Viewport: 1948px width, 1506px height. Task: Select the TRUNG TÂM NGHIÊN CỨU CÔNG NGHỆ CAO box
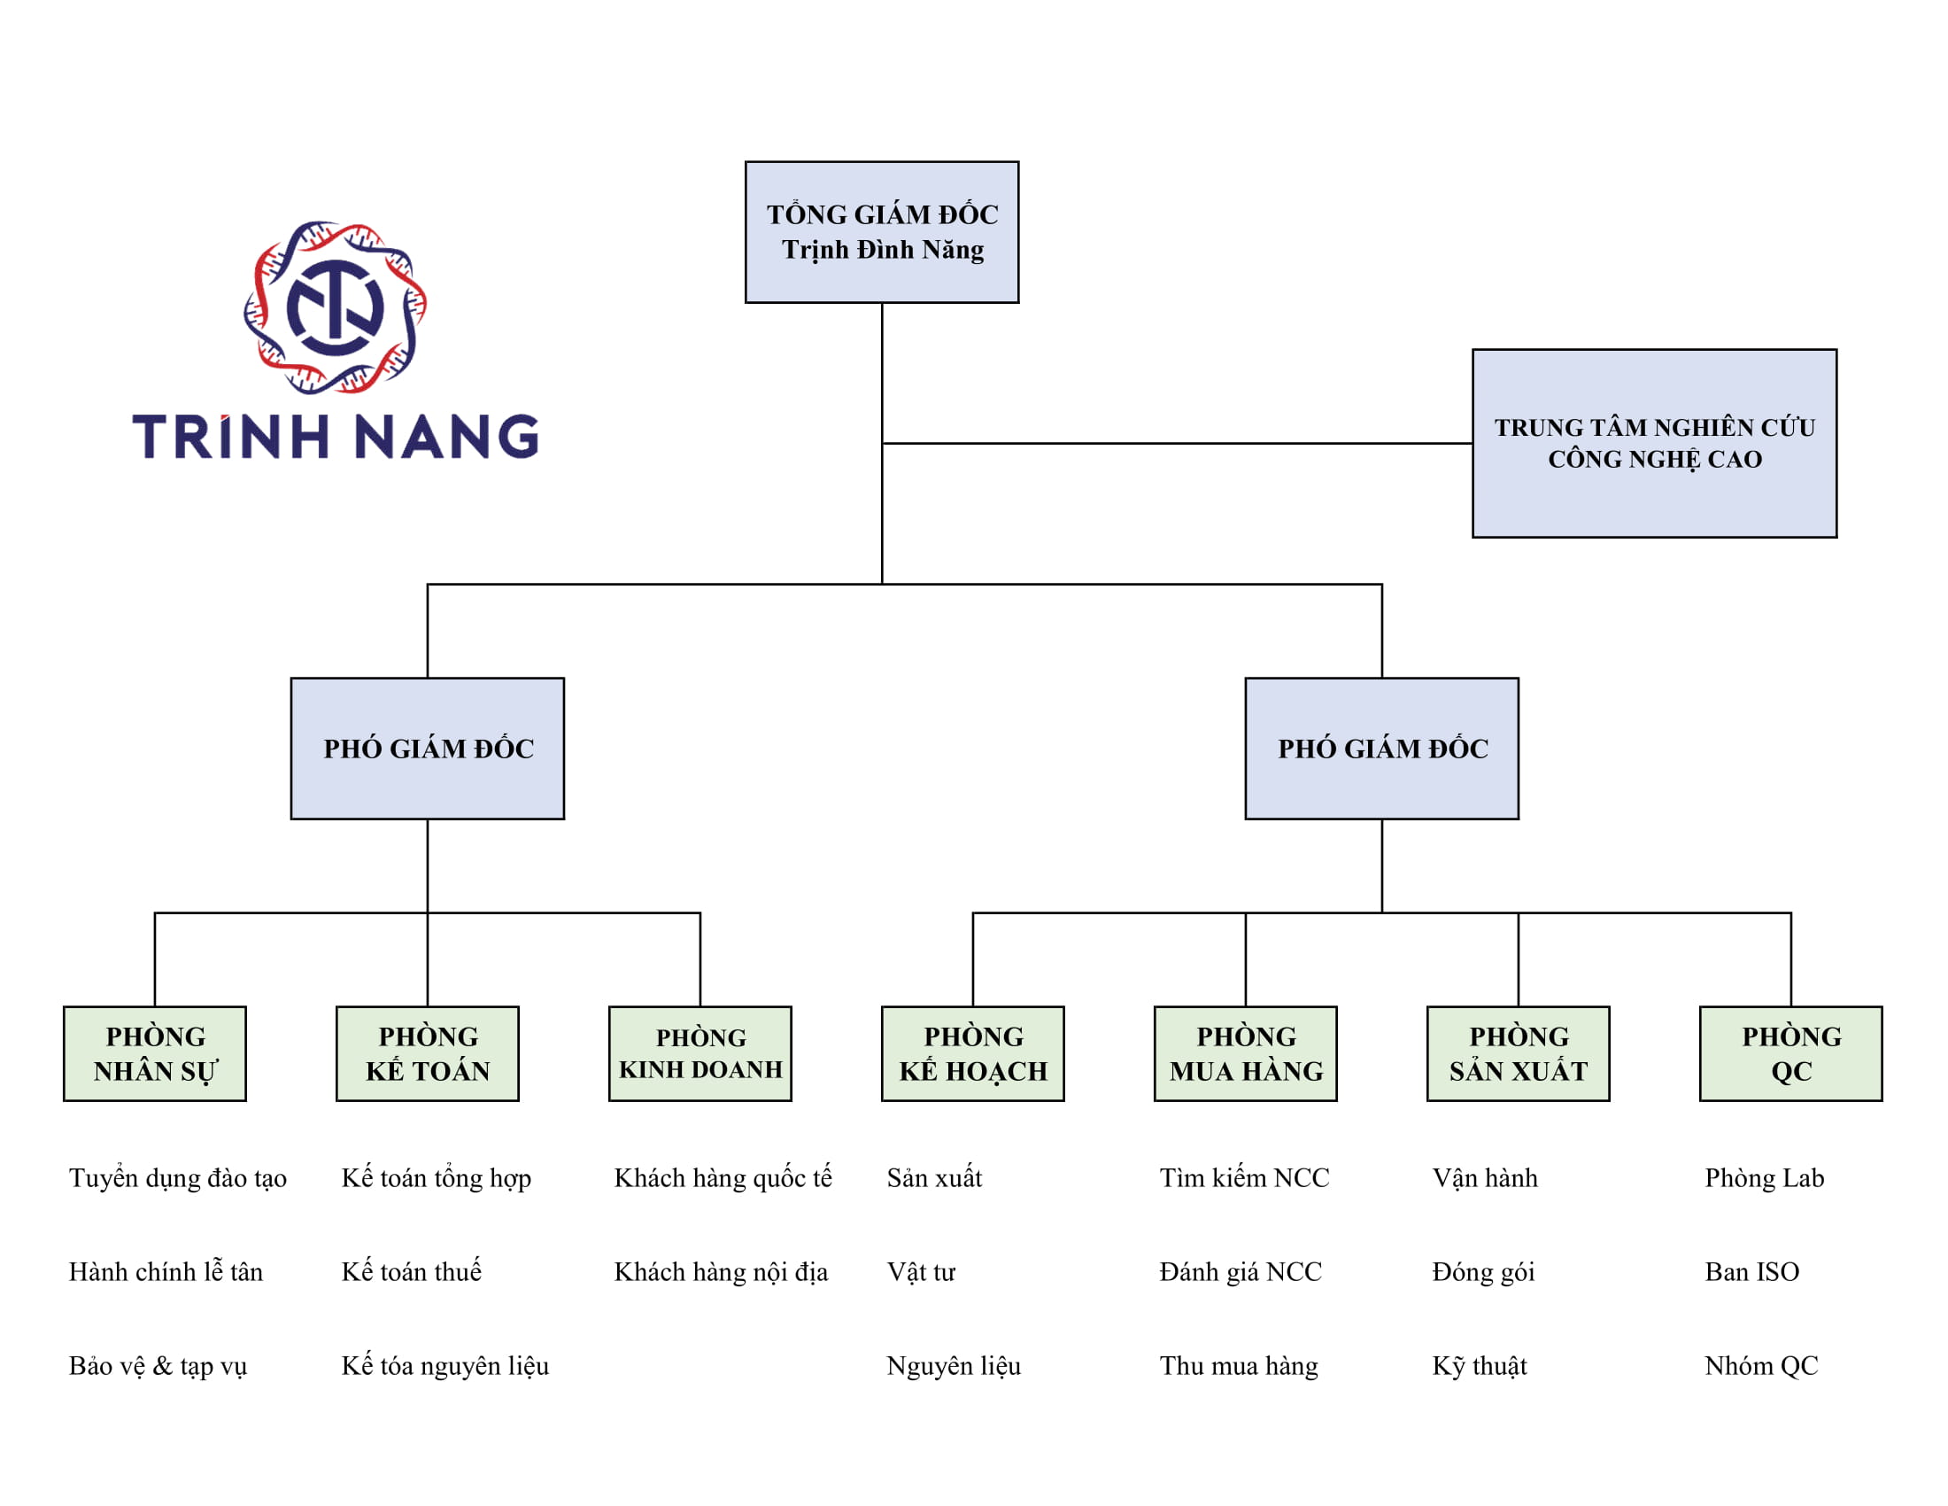click(x=1654, y=444)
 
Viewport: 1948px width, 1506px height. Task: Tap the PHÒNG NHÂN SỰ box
click(x=155, y=1053)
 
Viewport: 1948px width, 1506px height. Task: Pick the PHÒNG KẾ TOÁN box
click(x=428, y=1053)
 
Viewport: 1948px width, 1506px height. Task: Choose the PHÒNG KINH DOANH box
click(x=700, y=1053)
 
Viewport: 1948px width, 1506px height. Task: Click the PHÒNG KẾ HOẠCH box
click(x=972, y=1053)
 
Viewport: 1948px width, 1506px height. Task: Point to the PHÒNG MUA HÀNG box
click(x=1245, y=1053)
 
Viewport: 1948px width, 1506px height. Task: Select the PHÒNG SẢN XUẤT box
click(x=1518, y=1053)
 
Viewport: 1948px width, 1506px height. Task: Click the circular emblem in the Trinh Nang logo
click(x=336, y=307)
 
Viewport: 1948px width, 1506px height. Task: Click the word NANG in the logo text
click(x=446, y=437)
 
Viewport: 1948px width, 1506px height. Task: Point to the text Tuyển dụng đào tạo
click(x=177, y=1177)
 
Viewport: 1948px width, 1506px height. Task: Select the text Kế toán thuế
click(x=411, y=1271)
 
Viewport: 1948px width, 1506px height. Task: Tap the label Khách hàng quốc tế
click(x=723, y=1177)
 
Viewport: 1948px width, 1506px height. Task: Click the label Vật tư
click(x=921, y=1271)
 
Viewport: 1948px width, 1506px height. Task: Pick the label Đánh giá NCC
click(x=1240, y=1271)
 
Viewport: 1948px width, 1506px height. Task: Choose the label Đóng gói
click(x=1482, y=1271)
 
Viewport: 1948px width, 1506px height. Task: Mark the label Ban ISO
click(x=1751, y=1271)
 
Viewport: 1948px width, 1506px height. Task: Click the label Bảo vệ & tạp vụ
click(x=158, y=1365)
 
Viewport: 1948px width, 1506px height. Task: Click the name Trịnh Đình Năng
click(x=883, y=250)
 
